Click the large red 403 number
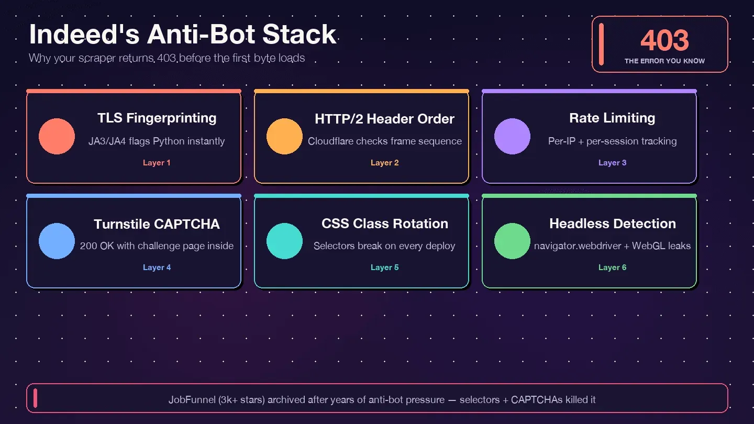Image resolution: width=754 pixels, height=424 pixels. (x=664, y=40)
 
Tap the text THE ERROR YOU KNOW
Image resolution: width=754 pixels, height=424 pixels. (x=664, y=61)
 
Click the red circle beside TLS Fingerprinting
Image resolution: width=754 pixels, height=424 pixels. (x=57, y=136)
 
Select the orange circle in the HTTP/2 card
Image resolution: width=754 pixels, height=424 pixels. (x=284, y=136)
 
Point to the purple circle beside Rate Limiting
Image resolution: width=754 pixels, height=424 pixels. (x=512, y=136)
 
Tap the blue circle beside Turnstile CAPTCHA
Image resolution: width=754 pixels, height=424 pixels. (x=57, y=241)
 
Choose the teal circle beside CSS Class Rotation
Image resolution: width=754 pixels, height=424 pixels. (x=284, y=241)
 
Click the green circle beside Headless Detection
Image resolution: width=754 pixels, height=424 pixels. (x=512, y=241)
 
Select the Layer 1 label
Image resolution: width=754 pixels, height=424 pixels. (x=157, y=163)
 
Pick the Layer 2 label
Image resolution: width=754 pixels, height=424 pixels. (x=384, y=163)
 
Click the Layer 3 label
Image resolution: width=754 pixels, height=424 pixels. (x=612, y=163)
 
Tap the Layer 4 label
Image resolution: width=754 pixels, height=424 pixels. (x=157, y=267)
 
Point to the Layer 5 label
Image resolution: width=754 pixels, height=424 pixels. (x=384, y=267)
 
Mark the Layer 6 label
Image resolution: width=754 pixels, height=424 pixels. (x=612, y=267)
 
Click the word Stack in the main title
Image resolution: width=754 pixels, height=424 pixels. (x=300, y=35)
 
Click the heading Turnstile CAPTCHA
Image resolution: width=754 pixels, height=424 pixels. (x=157, y=224)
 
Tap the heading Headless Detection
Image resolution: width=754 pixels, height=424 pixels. (x=612, y=224)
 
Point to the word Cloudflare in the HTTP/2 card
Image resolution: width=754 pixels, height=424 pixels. (x=330, y=141)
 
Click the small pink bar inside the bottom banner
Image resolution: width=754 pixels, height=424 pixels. (x=36, y=398)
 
